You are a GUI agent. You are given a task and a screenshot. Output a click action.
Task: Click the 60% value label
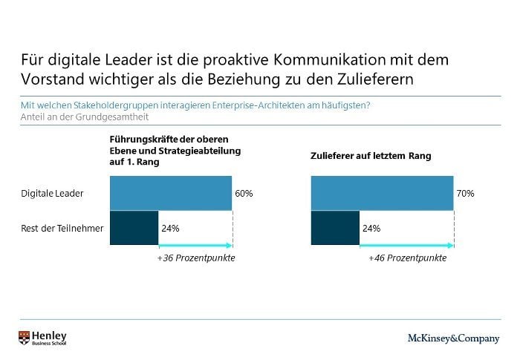coord(244,194)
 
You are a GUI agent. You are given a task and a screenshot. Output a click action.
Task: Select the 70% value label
coord(465,194)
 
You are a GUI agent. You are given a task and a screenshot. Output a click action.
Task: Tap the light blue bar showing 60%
coord(170,194)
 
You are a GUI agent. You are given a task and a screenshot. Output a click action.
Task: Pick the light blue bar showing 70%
coord(381,194)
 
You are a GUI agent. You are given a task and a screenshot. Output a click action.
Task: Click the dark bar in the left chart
coord(134,228)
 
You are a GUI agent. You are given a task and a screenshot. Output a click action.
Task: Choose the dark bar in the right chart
coord(334,228)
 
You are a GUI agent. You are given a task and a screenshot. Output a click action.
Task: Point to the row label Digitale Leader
coord(52,194)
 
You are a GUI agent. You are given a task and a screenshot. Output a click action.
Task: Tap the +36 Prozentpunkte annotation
coord(196,258)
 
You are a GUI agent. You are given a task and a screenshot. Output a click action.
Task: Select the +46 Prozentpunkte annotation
coord(407,258)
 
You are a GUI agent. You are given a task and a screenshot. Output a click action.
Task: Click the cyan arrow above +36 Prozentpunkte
coord(196,246)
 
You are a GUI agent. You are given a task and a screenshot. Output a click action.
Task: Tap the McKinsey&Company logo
coord(453,338)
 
